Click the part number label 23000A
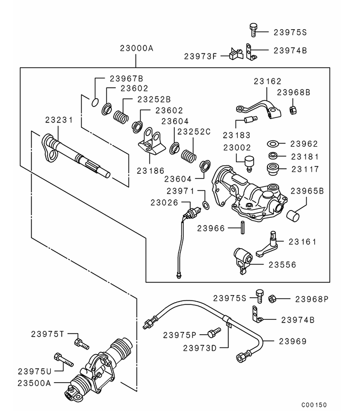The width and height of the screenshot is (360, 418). [136, 49]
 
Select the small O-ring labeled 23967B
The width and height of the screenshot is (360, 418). [94, 101]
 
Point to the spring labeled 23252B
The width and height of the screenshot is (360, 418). [121, 116]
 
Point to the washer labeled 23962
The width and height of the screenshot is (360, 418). [273, 144]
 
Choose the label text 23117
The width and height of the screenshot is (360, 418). [305, 168]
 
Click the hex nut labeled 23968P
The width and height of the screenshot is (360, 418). [272, 299]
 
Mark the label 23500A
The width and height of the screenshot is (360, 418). [34, 383]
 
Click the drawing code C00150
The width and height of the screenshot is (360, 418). [314, 405]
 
